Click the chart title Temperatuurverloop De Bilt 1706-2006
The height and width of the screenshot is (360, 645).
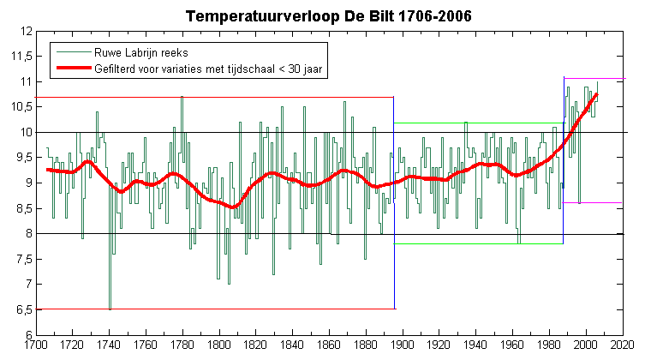pos(328,16)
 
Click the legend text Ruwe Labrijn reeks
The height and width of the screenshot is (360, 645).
pos(141,52)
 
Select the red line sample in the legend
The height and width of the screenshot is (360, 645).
pos(74,69)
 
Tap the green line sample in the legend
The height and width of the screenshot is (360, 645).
pos(74,52)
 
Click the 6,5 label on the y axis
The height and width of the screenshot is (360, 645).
pos(24,309)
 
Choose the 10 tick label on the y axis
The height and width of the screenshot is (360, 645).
pos(27,133)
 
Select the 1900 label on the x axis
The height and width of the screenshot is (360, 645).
pos(403,344)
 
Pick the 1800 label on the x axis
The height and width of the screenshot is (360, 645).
pos(219,344)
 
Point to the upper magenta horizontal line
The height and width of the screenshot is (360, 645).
pos(594,78)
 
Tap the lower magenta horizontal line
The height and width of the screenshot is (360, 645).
pos(593,202)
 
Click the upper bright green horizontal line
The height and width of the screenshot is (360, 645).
pos(480,123)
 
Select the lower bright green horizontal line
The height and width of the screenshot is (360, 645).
pos(479,243)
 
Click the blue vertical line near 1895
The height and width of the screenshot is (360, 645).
pos(394,202)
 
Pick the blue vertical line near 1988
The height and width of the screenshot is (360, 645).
pos(564,160)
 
